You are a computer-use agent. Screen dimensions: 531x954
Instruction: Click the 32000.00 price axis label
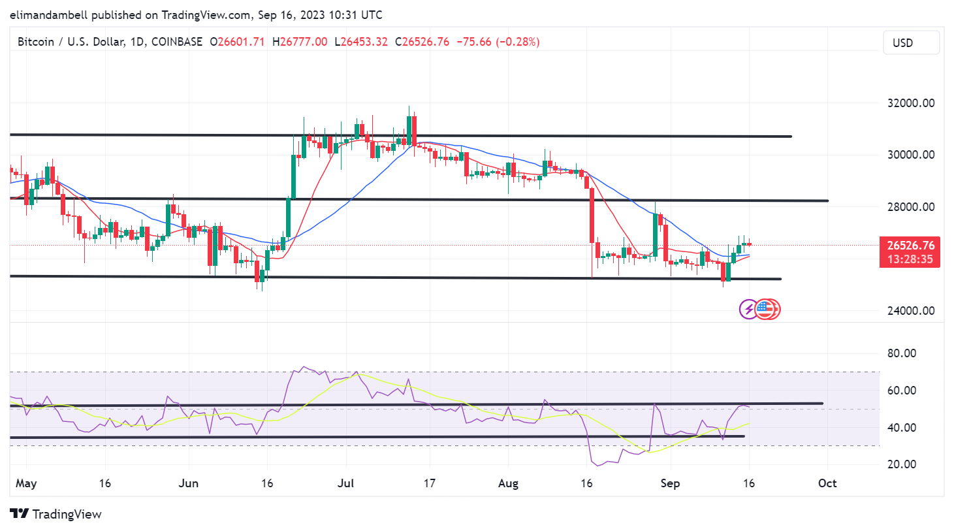click(x=910, y=103)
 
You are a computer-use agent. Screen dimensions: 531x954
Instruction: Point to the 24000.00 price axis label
click(x=910, y=311)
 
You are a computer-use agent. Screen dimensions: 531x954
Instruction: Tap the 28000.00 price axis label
click(x=910, y=207)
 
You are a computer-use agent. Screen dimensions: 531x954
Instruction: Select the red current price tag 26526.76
click(x=910, y=246)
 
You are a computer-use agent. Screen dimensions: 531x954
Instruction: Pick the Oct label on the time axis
click(x=827, y=483)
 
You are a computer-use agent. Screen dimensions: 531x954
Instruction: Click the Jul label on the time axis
click(x=345, y=483)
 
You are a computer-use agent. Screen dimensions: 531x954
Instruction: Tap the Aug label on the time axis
click(x=508, y=483)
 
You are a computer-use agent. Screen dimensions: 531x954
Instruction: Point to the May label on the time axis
click(x=26, y=483)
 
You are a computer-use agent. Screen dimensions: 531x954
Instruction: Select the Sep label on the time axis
click(x=670, y=483)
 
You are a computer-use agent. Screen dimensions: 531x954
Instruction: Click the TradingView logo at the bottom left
click(x=56, y=514)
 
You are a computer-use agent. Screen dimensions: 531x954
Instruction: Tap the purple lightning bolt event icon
click(x=748, y=309)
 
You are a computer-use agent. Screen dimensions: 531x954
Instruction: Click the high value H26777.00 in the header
click(x=300, y=42)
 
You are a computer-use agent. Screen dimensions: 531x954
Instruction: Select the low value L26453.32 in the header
click(x=361, y=42)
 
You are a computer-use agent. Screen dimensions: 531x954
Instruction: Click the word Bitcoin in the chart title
click(x=36, y=42)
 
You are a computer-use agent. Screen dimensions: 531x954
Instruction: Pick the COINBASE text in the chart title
click(x=177, y=42)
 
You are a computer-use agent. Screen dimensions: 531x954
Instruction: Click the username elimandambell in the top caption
click(x=49, y=14)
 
